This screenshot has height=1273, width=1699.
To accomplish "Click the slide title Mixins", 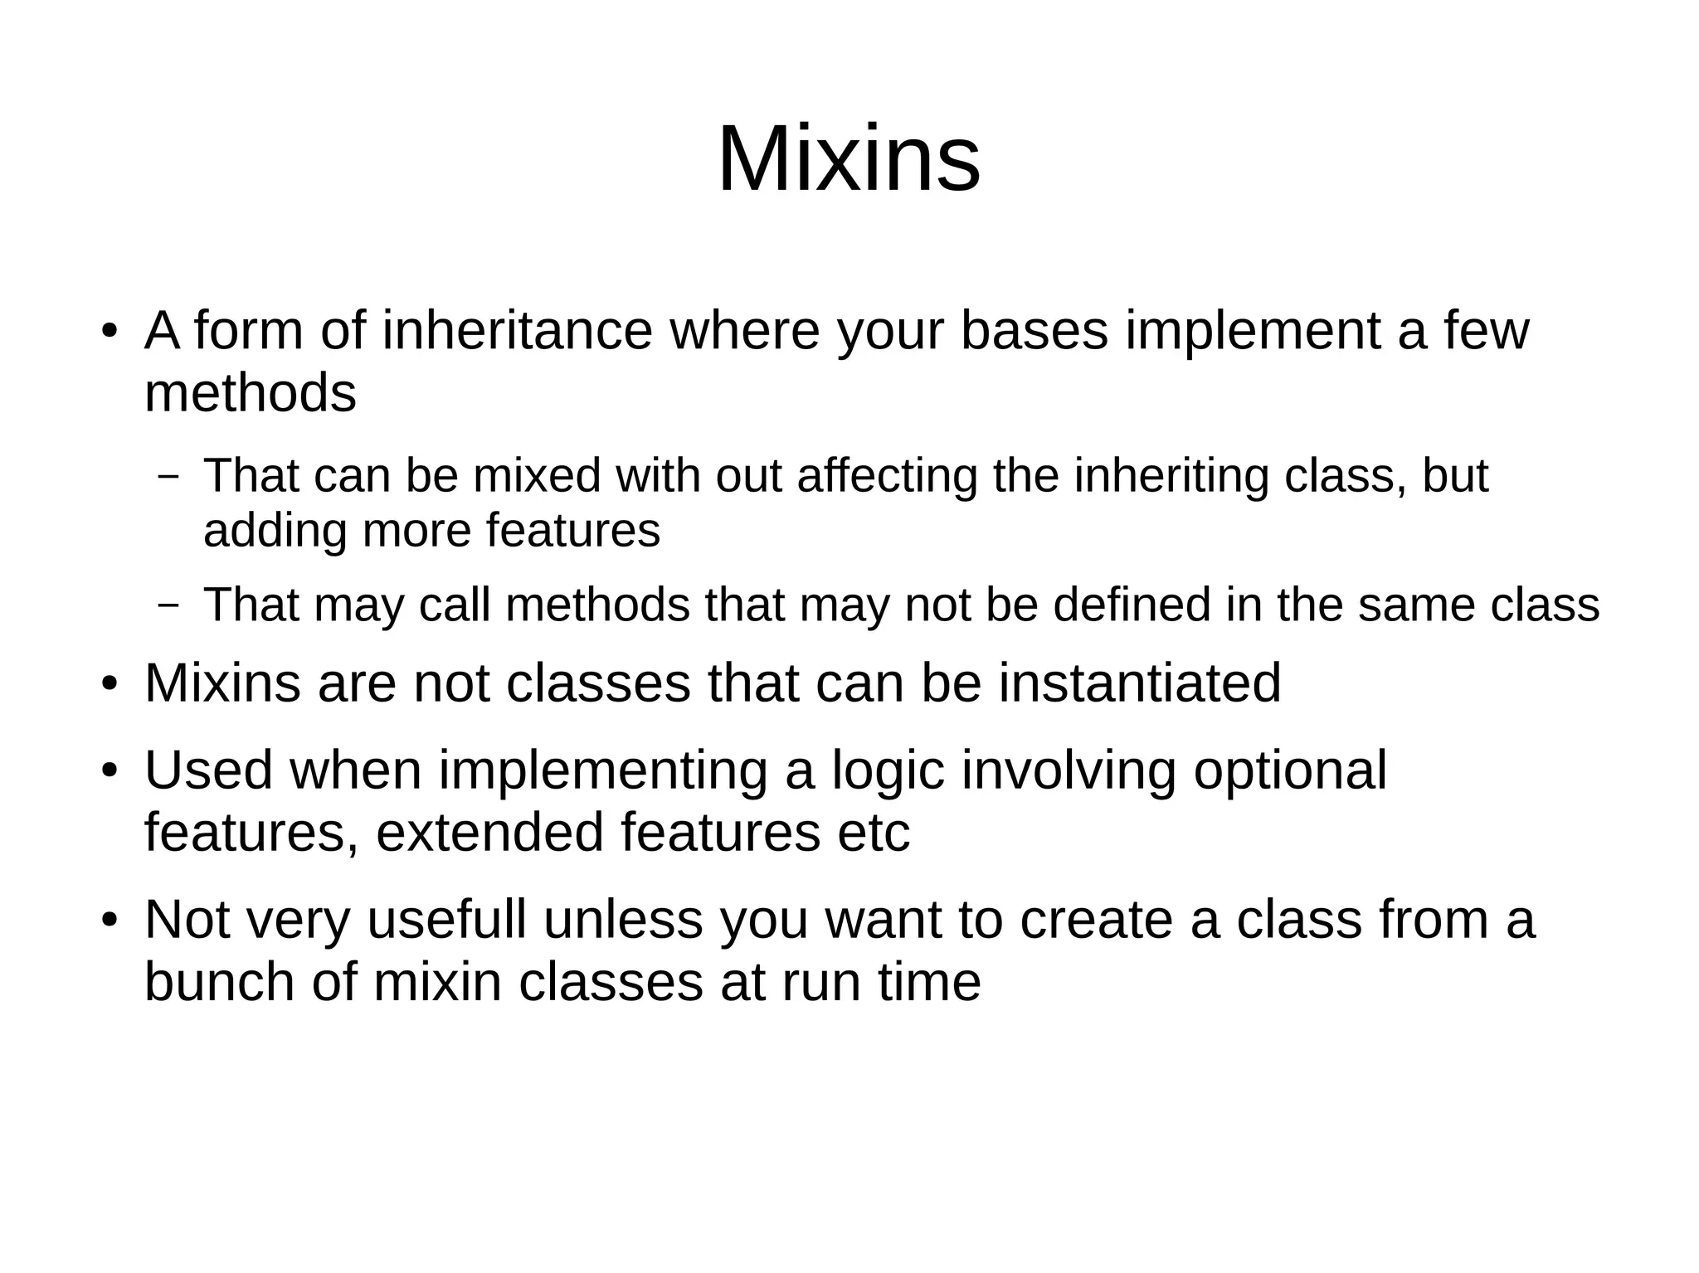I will (x=848, y=158).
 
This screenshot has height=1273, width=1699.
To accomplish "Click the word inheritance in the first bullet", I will (x=517, y=331).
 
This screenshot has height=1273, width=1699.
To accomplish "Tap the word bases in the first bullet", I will (x=1034, y=331).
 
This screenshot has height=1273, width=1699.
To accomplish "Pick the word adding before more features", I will (x=275, y=530).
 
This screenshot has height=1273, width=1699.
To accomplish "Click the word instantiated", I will (x=1140, y=683).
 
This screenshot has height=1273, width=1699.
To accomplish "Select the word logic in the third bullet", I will (x=888, y=770).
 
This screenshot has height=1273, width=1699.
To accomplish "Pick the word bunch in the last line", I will (x=220, y=982).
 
